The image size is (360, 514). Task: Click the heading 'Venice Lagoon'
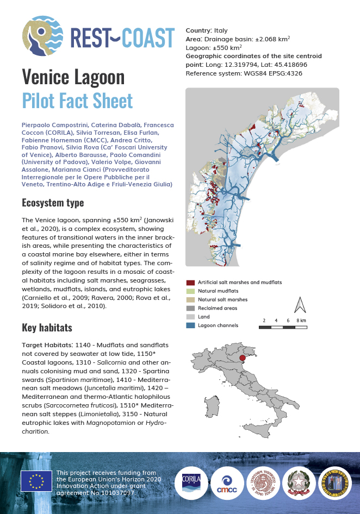coord(73,78)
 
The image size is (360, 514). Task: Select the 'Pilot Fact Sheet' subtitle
coord(77,101)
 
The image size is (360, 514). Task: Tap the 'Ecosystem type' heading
coord(53,203)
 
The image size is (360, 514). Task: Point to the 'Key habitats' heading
coord(47,328)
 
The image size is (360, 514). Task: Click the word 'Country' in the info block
coord(198,30)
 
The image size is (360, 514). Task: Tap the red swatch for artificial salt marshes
coord(190,283)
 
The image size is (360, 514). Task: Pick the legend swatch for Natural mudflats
coord(190,291)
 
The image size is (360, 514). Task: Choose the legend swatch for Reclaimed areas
coord(190,308)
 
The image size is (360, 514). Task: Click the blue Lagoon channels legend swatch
coord(190,325)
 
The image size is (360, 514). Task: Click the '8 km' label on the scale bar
coord(301,321)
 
